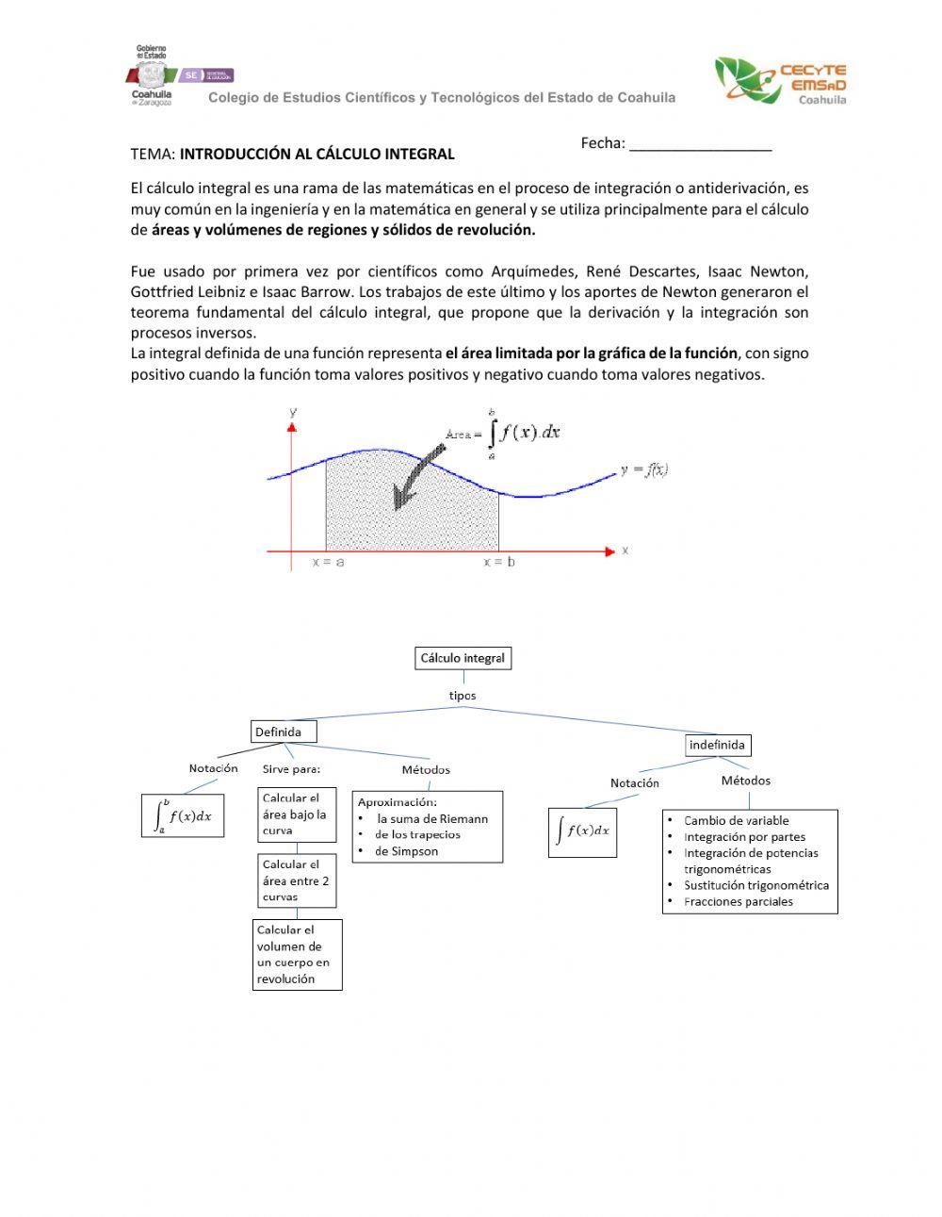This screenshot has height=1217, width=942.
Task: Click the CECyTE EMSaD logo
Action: click(x=780, y=81)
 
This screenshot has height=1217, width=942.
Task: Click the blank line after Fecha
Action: click(x=700, y=144)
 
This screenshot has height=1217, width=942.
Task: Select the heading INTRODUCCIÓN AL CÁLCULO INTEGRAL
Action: click(x=317, y=154)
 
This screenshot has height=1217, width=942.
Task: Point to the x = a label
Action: click(x=328, y=562)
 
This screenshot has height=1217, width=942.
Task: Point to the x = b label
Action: click(x=499, y=562)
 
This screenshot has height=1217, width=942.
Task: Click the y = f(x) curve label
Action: click(x=644, y=470)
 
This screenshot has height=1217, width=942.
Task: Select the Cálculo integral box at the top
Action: click(x=463, y=658)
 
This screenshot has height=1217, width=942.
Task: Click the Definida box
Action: click(x=284, y=732)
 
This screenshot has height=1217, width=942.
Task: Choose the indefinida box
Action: click(x=717, y=745)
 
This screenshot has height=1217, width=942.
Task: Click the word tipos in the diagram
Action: click(x=463, y=696)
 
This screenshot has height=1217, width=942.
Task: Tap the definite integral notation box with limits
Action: click(x=183, y=816)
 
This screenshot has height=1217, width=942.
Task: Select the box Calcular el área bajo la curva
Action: click(x=297, y=814)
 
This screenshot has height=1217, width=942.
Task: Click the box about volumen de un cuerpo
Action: click(x=298, y=954)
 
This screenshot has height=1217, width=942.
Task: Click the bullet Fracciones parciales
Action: click(x=738, y=901)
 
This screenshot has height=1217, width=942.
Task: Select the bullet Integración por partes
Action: click(x=744, y=836)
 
